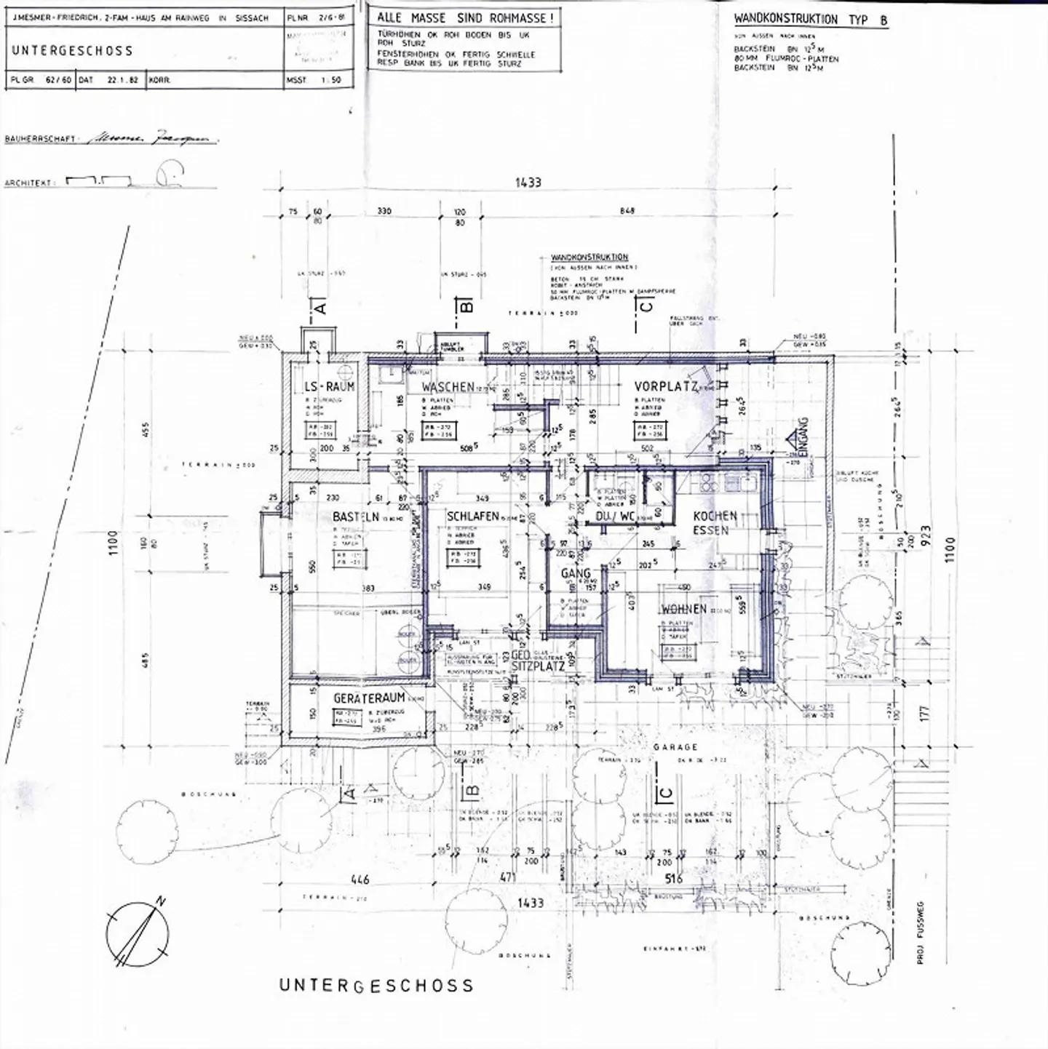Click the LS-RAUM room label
[x=330, y=386]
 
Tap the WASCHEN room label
[x=448, y=387]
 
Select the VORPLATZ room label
[x=665, y=386]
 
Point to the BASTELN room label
[x=356, y=516]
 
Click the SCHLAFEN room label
[x=472, y=516]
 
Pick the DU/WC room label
[x=615, y=516]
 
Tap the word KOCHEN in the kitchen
[x=715, y=515]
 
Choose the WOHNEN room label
[x=683, y=609]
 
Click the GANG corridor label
[x=576, y=574]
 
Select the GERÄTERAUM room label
[x=369, y=698]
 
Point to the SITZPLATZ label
[x=538, y=666]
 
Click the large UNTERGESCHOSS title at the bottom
[x=376, y=986]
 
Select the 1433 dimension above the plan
[x=528, y=183]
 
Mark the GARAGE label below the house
[x=675, y=747]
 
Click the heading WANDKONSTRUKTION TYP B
[x=811, y=20]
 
